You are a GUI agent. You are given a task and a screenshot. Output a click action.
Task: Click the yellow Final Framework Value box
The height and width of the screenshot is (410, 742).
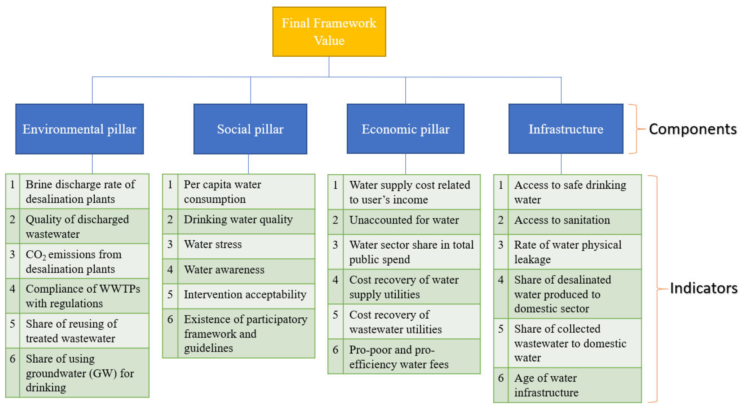(329, 32)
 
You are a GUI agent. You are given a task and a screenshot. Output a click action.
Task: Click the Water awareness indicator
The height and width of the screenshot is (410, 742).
(246, 270)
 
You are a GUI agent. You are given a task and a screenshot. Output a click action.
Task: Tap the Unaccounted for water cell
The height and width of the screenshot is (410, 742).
(411, 220)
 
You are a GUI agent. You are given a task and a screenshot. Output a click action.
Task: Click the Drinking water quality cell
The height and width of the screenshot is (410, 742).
(246, 220)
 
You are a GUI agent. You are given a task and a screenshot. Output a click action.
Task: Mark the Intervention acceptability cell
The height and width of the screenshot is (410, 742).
(246, 295)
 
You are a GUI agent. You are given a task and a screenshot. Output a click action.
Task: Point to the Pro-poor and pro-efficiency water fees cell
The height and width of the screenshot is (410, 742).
(411, 357)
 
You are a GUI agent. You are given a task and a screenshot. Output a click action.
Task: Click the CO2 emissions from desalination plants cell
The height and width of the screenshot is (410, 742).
(84, 261)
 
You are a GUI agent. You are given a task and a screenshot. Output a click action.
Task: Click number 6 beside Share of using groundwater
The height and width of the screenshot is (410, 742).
(12, 359)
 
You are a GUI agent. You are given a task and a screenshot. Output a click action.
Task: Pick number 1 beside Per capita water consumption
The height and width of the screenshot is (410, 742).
(170, 184)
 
